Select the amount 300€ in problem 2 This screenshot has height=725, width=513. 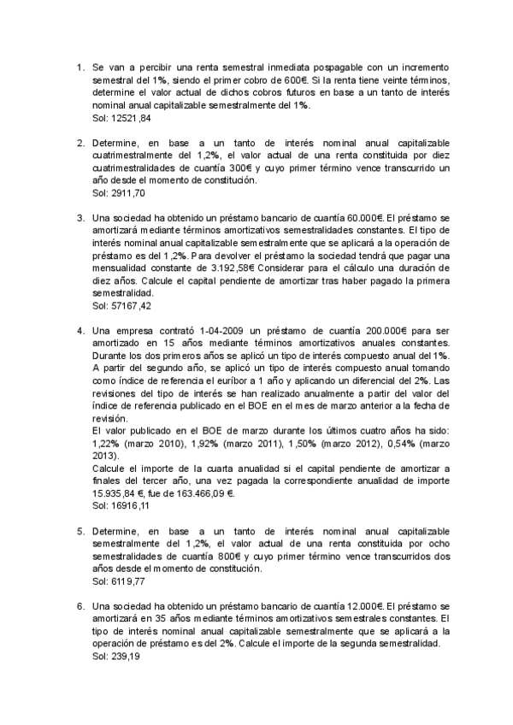pos(255,168)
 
